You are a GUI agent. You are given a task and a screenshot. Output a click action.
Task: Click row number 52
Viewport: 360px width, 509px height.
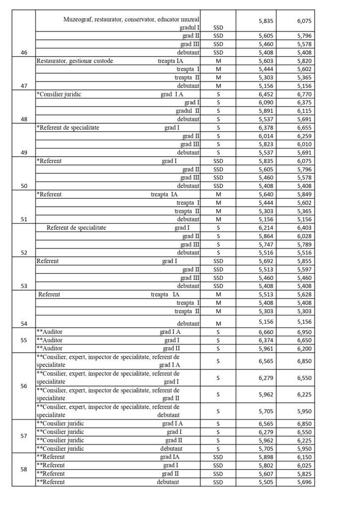(x=23, y=253)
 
